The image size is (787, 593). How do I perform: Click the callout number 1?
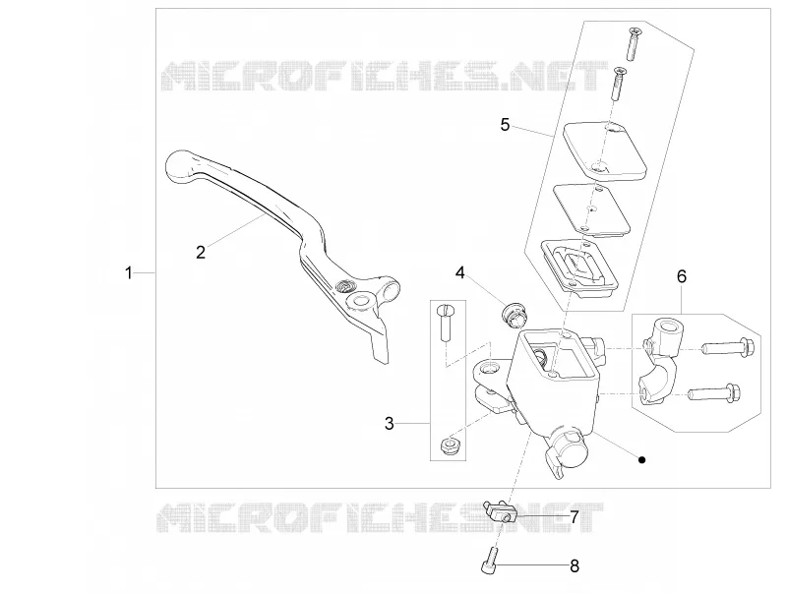(129, 273)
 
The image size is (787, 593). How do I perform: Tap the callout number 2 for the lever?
(201, 253)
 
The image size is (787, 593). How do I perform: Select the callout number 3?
(390, 424)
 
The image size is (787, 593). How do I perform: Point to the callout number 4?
(460, 273)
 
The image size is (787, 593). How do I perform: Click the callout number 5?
(505, 125)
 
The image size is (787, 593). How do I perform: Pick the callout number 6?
(682, 276)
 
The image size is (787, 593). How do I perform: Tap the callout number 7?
(575, 516)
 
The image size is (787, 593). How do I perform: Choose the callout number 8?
(575, 566)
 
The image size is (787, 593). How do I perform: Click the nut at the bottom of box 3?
(448, 446)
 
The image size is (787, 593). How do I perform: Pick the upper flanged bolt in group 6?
(729, 347)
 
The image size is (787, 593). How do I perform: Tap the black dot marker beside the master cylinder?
(641, 459)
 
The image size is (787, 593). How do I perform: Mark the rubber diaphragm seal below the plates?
(580, 266)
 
